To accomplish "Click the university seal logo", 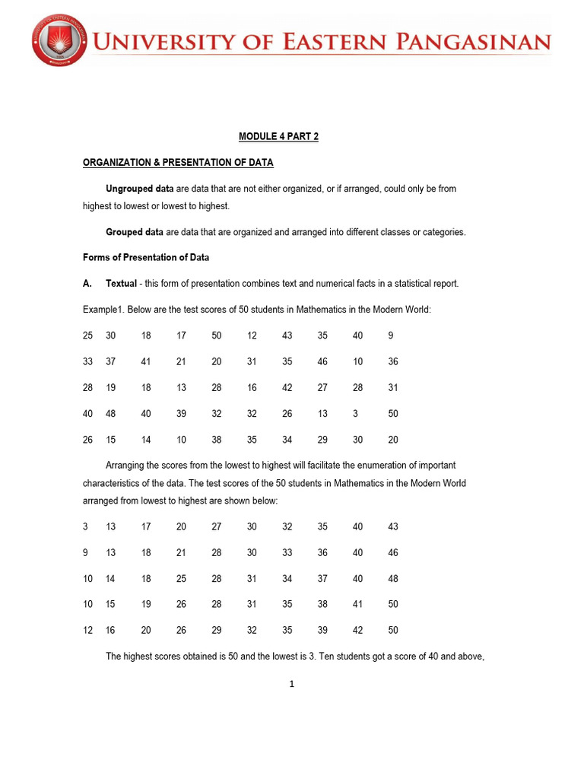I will pos(59,41).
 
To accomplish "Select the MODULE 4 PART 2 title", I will pos(278,137).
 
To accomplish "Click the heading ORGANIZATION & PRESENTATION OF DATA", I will pos(178,163).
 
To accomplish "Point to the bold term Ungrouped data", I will pos(134,189).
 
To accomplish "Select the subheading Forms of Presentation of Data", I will pos(145,257).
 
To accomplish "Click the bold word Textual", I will pos(121,284).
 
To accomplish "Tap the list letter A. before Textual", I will pos(87,284).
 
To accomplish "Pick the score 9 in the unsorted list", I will pos(390,335).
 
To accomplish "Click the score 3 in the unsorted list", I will pos(355,414).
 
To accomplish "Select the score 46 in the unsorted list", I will pos(322,362).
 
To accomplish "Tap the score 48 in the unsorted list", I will pos(111,414).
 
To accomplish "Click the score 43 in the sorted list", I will pos(392,526).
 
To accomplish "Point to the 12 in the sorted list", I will pos(87,631).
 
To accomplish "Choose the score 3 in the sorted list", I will pos(85,526).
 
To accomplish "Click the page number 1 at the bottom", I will pos(291,684).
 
